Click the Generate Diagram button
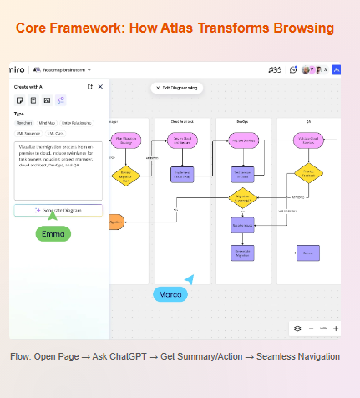58,210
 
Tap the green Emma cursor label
53,234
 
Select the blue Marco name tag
170,294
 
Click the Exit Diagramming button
177,88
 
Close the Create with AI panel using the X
100,87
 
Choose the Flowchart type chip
25,123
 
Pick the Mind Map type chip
48,123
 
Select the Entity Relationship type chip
78,123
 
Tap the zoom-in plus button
336,329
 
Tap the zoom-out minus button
311,329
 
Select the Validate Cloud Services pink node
308,140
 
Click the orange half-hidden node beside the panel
116,222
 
